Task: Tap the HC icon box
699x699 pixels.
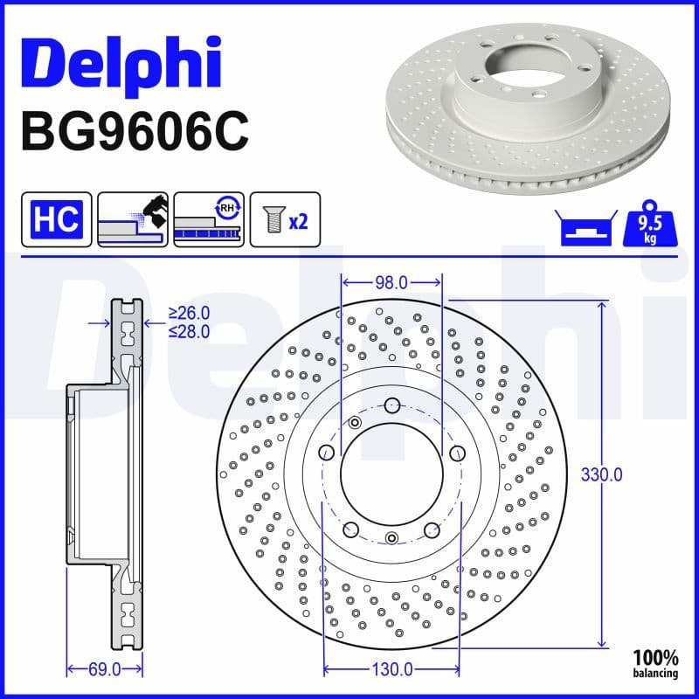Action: tap(58, 219)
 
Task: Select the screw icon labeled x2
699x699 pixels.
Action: tap(285, 219)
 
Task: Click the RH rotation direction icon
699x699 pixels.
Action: tap(210, 219)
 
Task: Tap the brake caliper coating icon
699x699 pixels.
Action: tap(133, 219)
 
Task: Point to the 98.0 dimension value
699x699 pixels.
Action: tap(391, 282)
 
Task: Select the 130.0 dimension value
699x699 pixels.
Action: tap(391, 669)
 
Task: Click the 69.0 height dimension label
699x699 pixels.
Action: tap(104, 669)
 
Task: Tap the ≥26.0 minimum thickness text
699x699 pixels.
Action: tap(189, 313)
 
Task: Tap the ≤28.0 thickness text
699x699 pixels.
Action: tap(189, 331)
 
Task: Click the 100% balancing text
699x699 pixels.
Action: tap(656, 663)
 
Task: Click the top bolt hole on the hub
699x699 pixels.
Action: tap(391, 405)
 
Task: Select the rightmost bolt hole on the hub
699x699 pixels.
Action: tap(456, 452)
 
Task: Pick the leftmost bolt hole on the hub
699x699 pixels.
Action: tap(327, 452)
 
